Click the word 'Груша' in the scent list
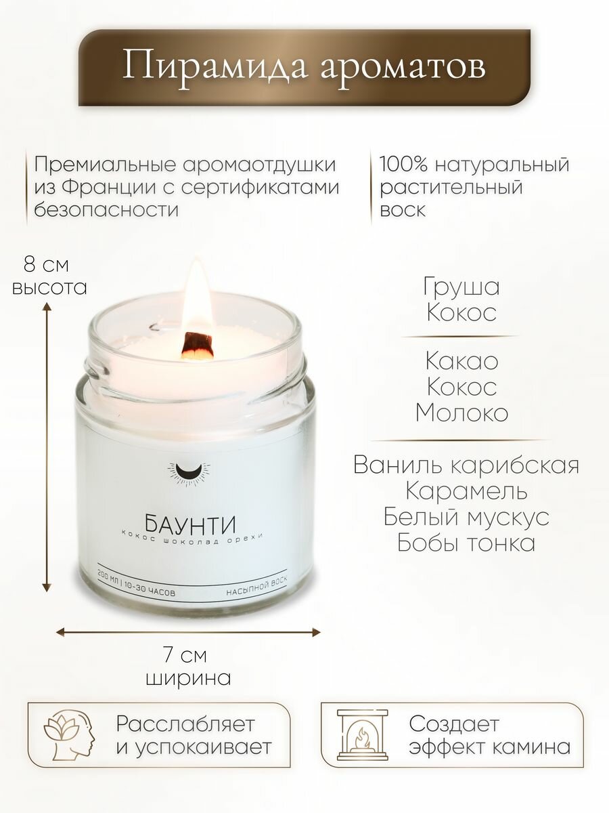pos(461,287)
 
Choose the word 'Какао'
pos(461,360)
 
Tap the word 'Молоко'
pos(461,413)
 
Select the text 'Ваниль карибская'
pos(466,465)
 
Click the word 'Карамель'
pos(466,491)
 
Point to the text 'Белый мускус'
pos(466,517)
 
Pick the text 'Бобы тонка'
pos(466,543)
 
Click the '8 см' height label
pos(46,263)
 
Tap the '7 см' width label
pos(185,655)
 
